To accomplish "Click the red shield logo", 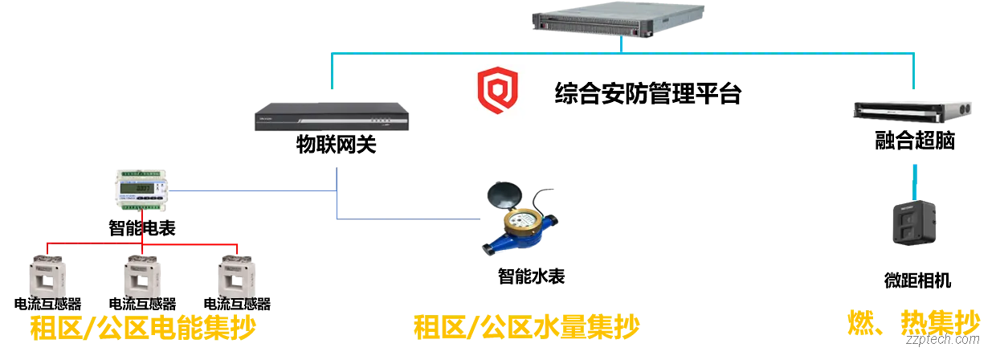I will click(497, 92).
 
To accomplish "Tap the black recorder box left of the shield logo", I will click(330, 117).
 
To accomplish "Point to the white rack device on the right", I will click(913, 110).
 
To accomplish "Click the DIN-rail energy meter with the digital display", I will click(138, 190).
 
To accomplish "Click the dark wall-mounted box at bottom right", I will click(911, 223).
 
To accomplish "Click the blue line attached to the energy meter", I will click(249, 190).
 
